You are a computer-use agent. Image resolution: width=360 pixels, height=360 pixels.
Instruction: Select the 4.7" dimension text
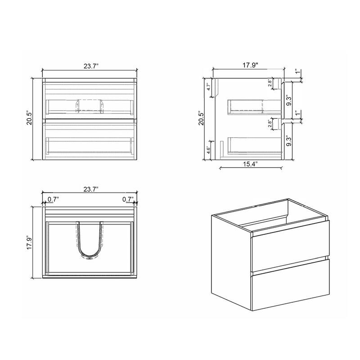coord(208,87)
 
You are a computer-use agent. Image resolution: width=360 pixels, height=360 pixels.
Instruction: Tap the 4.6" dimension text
coord(208,150)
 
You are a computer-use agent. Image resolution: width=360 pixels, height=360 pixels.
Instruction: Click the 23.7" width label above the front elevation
coord(91,66)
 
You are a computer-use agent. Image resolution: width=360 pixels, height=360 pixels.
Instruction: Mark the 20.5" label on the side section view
coord(202,119)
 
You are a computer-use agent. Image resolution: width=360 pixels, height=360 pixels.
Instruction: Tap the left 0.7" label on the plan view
coord(53,199)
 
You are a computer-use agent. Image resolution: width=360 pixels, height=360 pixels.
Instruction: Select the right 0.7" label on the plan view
coord(128,199)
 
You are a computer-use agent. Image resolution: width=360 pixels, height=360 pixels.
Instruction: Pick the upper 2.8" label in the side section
coord(270,83)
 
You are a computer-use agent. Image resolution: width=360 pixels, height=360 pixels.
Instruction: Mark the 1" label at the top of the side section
coord(296,72)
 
